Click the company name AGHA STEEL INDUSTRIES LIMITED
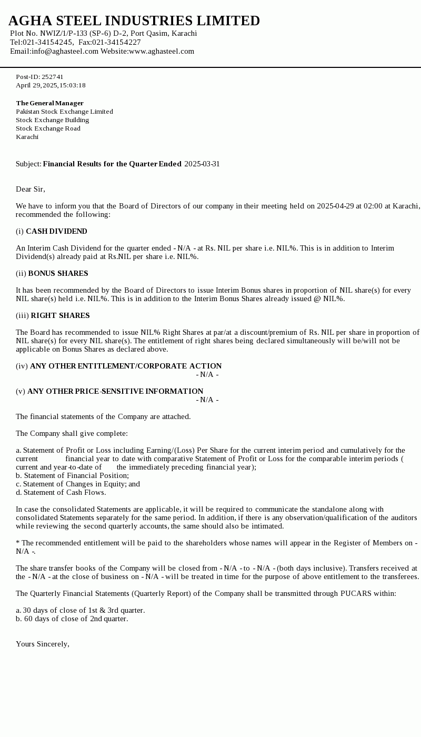tap(134, 21)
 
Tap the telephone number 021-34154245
tap(47, 42)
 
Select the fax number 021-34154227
tap(116, 42)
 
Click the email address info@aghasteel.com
tap(65, 51)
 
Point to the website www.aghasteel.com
tap(162, 51)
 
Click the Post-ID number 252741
tap(53, 77)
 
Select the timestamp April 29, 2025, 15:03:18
tap(51, 85)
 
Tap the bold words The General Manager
tap(49, 103)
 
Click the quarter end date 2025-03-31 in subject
tap(202, 164)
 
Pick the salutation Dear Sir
tap(31, 189)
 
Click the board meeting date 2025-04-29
tap(335, 206)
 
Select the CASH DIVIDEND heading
tap(56, 231)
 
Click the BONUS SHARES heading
tap(58, 273)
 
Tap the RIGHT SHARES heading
tap(60, 315)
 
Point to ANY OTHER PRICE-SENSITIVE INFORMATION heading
tap(115, 391)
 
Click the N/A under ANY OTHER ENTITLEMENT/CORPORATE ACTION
tap(207, 374)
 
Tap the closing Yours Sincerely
tap(43, 644)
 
